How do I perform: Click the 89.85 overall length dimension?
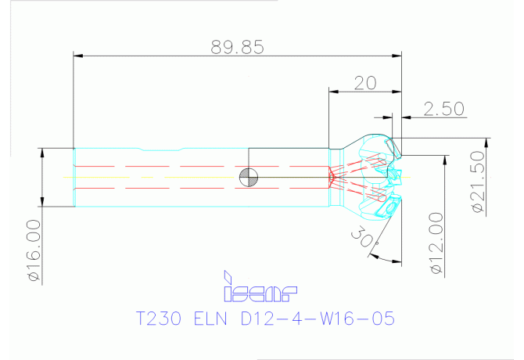(237, 47)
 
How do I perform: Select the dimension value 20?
(365, 83)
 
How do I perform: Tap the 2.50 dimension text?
(443, 109)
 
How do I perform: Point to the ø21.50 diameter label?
(478, 182)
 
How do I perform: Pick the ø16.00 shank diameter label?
(34, 250)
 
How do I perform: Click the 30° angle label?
(364, 237)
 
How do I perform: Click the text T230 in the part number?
(159, 319)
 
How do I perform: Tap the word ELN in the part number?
(210, 319)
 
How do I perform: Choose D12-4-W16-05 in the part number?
(318, 319)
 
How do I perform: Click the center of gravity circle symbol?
(249, 177)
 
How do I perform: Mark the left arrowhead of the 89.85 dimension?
(78, 56)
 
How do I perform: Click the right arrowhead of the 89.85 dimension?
(397, 56)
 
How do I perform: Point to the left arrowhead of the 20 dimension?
(333, 92)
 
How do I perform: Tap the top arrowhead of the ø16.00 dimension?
(42, 153)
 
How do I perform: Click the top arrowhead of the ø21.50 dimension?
(486, 142)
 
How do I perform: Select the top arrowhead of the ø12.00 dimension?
(445, 160)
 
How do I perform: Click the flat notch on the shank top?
(161, 149)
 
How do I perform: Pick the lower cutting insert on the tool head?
(389, 207)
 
